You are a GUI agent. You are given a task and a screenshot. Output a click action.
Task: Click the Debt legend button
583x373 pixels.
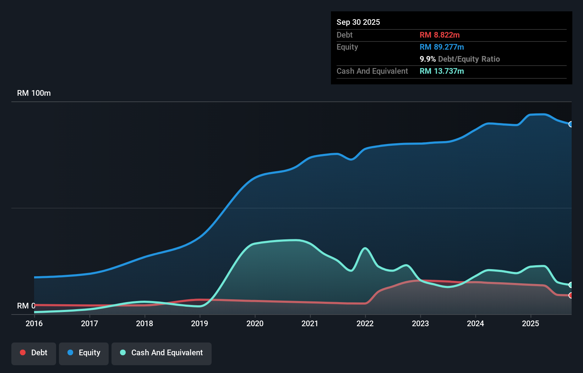(x=34, y=353)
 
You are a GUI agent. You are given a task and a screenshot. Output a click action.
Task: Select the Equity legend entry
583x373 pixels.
(x=84, y=353)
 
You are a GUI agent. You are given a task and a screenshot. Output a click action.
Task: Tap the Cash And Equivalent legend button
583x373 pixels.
(x=162, y=353)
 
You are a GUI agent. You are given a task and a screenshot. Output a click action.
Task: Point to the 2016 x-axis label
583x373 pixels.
(x=34, y=323)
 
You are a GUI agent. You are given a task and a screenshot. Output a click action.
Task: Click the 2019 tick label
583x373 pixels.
(x=200, y=323)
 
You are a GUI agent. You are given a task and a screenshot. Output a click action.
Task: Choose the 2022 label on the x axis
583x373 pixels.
(x=365, y=323)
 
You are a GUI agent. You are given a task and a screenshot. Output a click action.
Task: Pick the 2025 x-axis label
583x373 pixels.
(x=530, y=323)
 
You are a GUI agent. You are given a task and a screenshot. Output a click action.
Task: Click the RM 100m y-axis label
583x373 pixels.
(x=34, y=93)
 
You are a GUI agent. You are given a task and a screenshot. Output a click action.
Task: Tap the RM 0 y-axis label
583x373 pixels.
(x=26, y=306)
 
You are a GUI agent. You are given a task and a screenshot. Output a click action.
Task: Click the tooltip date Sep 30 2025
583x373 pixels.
(x=358, y=22)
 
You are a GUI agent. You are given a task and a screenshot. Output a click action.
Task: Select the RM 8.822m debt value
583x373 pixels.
(x=440, y=35)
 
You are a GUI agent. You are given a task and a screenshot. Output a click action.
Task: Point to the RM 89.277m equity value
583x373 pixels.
(x=442, y=47)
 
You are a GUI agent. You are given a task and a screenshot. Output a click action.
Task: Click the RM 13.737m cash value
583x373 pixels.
(x=442, y=71)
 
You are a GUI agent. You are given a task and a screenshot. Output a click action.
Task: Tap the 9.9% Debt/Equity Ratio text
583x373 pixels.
(x=459, y=59)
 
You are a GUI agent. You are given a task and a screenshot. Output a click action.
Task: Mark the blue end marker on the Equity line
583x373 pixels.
(x=571, y=124)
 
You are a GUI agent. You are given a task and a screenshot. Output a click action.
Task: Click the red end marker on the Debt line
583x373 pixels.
(x=571, y=295)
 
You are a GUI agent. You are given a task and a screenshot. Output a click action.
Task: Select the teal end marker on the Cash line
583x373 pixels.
(x=571, y=285)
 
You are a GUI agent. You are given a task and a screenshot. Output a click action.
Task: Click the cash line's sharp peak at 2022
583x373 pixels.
(x=365, y=248)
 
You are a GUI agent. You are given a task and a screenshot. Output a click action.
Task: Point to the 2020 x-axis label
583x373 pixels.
(x=255, y=323)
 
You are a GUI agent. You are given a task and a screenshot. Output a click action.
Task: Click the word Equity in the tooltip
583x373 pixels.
(x=347, y=47)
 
